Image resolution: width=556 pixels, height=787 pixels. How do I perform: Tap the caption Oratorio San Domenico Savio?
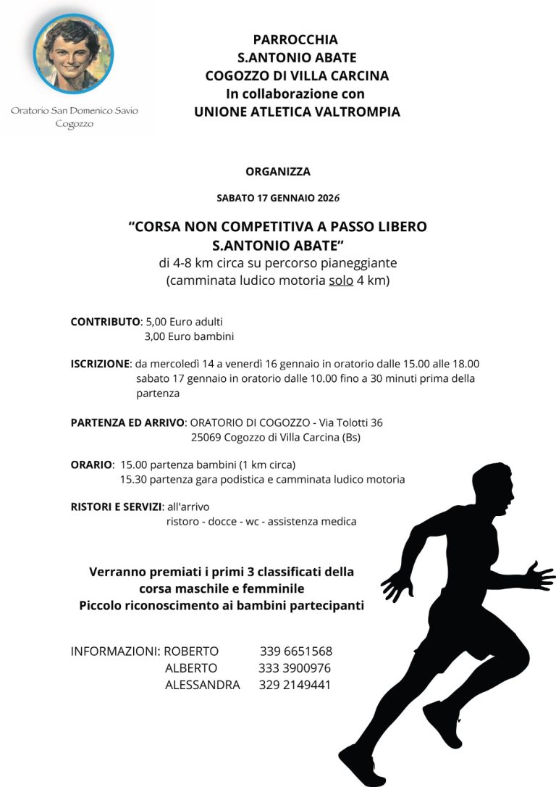pyautogui.click(x=74, y=111)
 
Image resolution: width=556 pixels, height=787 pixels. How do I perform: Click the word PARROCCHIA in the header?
pyautogui.click(x=295, y=40)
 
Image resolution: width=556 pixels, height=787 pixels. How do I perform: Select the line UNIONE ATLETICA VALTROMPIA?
pyautogui.click(x=297, y=112)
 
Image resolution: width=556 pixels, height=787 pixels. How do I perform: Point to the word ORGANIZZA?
pyautogui.click(x=278, y=172)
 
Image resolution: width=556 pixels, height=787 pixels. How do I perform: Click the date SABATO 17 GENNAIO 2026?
pyautogui.click(x=278, y=197)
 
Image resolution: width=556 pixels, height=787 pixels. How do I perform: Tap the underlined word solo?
pyautogui.click(x=340, y=280)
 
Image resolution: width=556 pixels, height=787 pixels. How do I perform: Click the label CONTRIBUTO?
pyautogui.click(x=105, y=321)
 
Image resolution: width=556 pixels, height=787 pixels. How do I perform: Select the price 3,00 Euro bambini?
pyautogui.click(x=189, y=336)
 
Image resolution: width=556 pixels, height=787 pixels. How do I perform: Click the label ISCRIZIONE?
pyautogui.click(x=100, y=364)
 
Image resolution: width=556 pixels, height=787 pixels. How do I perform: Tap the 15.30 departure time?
pyautogui.click(x=133, y=479)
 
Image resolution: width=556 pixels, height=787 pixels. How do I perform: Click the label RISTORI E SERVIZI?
pyautogui.click(x=116, y=507)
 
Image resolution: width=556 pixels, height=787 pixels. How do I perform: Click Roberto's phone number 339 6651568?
pyautogui.click(x=296, y=651)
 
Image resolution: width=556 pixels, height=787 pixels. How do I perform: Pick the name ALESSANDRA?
pyautogui.click(x=202, y=684)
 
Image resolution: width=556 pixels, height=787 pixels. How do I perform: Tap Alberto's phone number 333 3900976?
pyautogui.click(x=295, y=667)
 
